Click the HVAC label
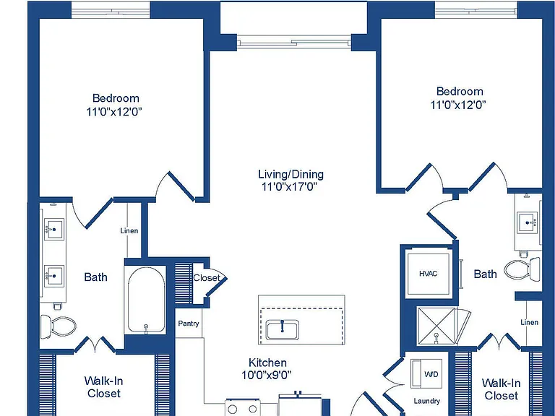(x=429, y=274)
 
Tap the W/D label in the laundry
(x=431, y=373)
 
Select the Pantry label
(x=189, y=324)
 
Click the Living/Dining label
(x=291, y=174)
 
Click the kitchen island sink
(x=283, y=329)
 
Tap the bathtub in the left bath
(x=146, y=300)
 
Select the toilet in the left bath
(x=59, y=326)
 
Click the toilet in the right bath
(x=522, y=269)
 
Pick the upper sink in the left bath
(x=54, y=229)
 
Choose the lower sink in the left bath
(x=54, y=276)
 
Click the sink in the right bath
(x=528, y=223)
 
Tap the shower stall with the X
(x=436, y=326)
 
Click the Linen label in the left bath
(x=129, y=230)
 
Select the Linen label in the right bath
(x=529, y=322)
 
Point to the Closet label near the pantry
(x=207, y=278)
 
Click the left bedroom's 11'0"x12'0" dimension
(x=114, y=112)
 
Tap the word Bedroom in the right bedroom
(x=460, y=91)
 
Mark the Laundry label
(x=427, y=401)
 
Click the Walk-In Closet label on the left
(x=104, y=387)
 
